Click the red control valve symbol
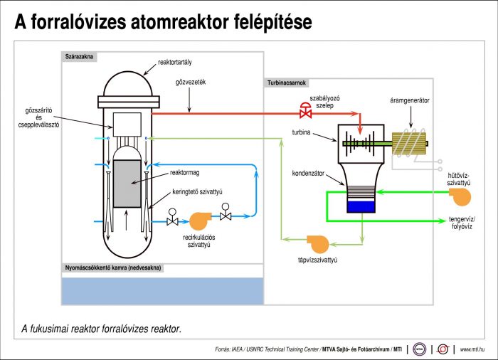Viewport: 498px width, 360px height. (306, 112)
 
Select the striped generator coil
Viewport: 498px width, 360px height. (408, 142)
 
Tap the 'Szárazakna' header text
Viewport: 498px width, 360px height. (79, 55)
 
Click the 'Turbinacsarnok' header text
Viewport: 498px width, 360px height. (287, 83)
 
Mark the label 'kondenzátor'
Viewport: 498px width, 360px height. (308, 173)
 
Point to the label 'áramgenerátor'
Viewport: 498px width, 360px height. (410, 100)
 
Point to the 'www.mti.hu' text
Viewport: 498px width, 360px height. (472, 349)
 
